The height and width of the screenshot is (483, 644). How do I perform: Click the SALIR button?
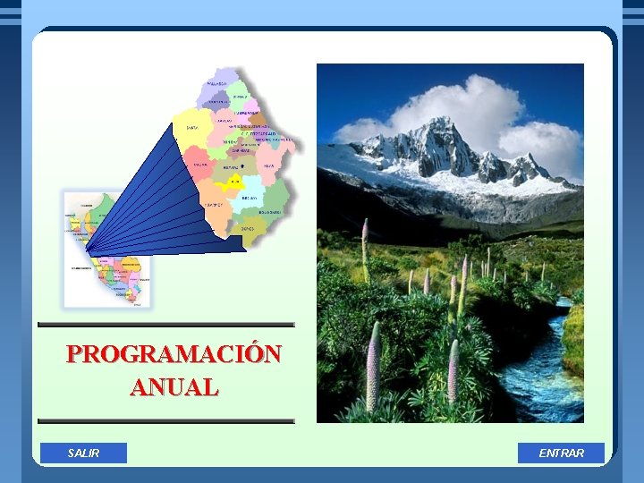point(83,453)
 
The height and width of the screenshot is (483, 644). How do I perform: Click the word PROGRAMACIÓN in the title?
point(174,354)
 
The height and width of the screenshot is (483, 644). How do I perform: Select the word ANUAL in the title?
point(174,387)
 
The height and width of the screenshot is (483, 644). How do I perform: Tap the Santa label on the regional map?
point(191,128)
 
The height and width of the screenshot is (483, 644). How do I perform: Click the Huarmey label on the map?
point(212,205)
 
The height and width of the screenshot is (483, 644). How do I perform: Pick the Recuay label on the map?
point(250,197)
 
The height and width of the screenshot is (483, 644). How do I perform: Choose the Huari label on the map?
point(268,166)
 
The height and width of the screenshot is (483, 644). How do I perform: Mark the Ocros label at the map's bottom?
point(248,229)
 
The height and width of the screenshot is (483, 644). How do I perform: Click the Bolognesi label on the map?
point(269,212)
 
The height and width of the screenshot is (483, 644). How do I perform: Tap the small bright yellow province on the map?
point(233,182)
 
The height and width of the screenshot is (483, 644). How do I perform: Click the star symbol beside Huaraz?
point(243,166)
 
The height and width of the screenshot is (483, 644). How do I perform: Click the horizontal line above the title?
point(166,325)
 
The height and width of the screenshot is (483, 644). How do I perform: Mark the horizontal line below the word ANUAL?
point(166,420)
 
